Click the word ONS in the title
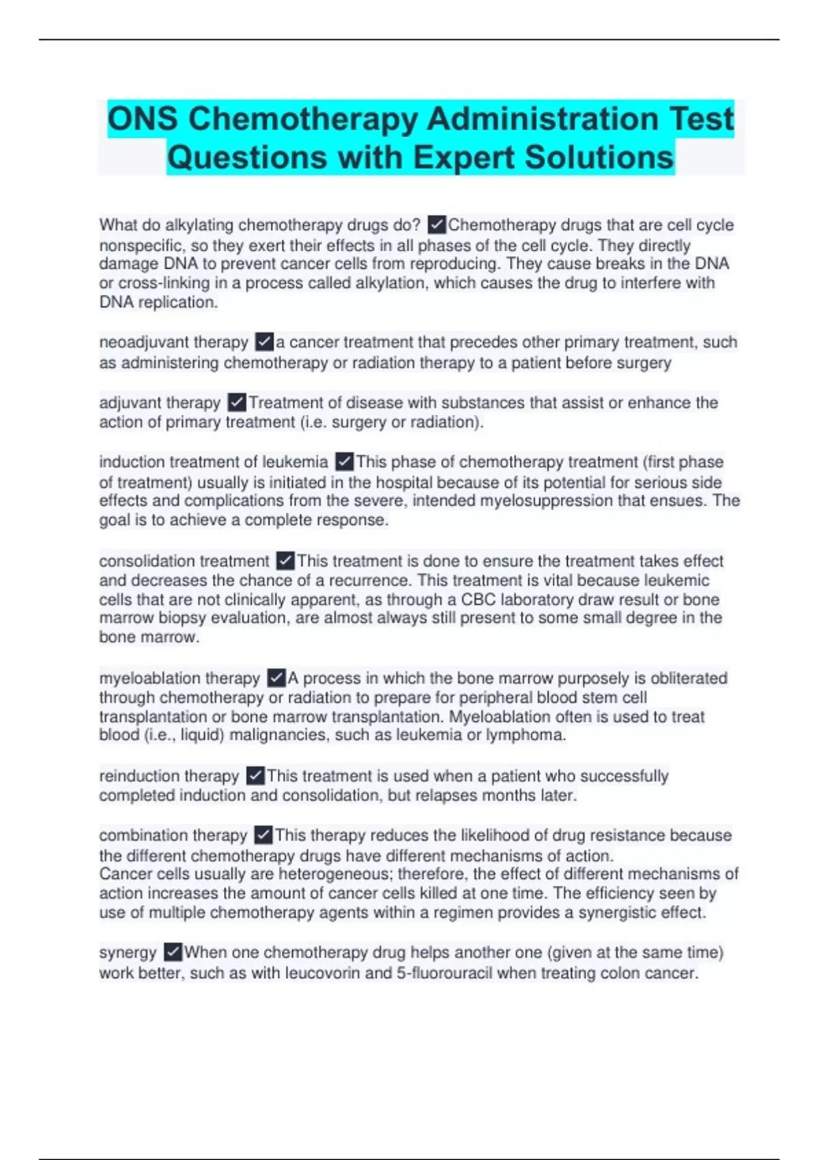click(x=143, y=119)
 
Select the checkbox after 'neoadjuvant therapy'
click(x=264, y=341)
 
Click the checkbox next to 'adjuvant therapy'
click(x=236, y=402)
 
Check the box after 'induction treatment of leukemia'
click(x=345, y=461)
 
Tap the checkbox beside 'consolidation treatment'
click(x=285, y=561)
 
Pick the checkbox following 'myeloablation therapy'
click(x=276, y=678)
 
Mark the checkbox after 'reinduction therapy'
click(x=255, y=776)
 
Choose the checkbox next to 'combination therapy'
click(x=263, y=835)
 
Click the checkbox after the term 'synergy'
click(x=173, y=952)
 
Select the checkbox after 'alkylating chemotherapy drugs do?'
click(x=436, y=224)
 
